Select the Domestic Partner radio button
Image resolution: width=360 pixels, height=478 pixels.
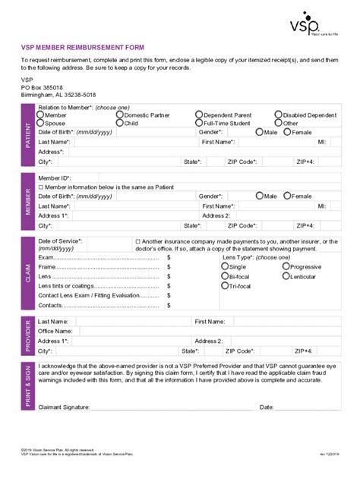pos(120,115)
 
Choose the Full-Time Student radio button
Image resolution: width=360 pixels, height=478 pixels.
pos(199,123)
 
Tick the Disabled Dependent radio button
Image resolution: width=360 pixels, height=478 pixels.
pos(279,115)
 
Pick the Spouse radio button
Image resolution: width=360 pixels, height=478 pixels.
pos(41,123)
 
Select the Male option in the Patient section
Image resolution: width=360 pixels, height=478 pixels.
pos(260,132)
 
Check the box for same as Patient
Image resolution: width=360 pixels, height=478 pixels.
pos(41,187)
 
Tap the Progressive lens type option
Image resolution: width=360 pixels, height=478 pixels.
pos(287,267)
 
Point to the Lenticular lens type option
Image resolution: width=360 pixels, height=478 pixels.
pos(287,277)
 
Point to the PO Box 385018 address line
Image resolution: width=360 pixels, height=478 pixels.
pos(42,87)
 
